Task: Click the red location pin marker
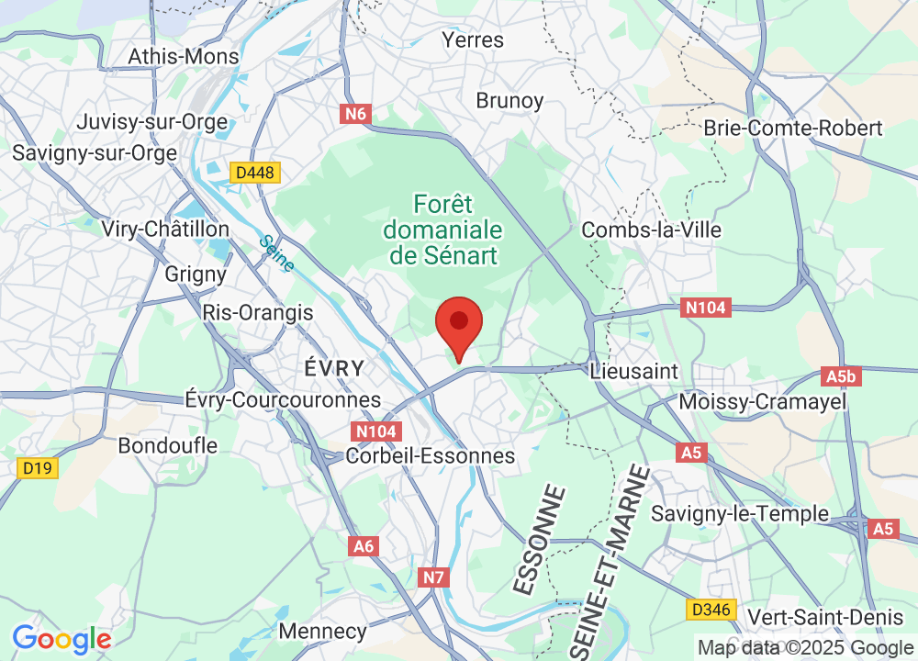458,325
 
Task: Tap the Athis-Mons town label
184,56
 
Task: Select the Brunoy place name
509,100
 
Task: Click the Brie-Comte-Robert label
793,128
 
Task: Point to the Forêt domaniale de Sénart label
444,230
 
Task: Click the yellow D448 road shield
255,173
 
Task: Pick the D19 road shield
38,468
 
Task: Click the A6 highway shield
364,546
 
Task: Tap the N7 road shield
434,577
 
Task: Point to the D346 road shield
711,609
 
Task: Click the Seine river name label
276,253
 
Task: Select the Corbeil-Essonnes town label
431,455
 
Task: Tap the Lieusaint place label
634,371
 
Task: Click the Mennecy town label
321,632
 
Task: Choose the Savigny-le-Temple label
740,514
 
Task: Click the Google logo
62,639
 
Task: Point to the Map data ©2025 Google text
803,646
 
